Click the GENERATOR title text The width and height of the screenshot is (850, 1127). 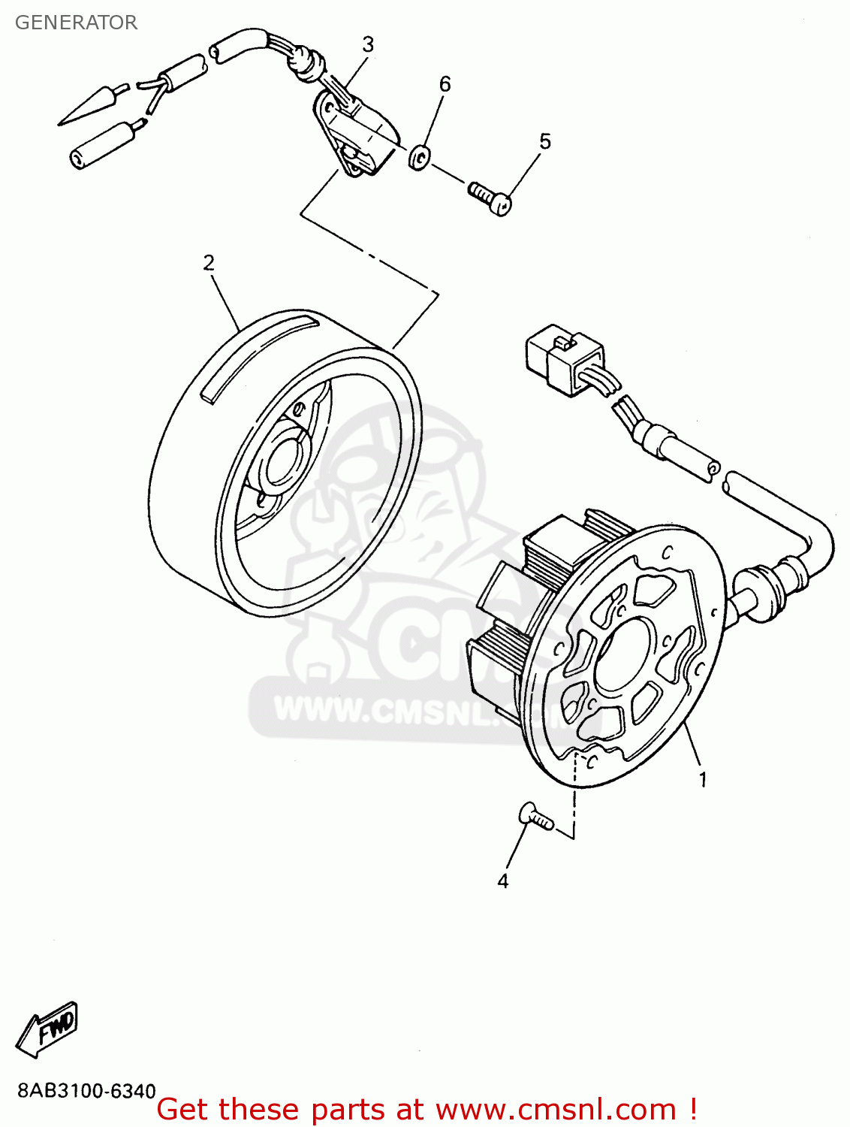pyautogui.click(x=76, y=23)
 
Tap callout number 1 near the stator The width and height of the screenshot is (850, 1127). pyautogui.click(x=703, y=780)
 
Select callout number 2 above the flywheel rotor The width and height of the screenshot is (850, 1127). pyautogui.click(x=209, y=262)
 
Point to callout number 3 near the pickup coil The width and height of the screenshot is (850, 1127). pyautogui.click(x=368, y=44)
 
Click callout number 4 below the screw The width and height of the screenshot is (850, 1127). pyautogui.click(x=503, y=881)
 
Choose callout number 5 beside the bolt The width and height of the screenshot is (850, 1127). pyautogui.click(x=545, y=140)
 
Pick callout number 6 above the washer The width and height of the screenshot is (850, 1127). pyautogui.click(x=445, y=83)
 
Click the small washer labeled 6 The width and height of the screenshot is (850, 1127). pyautogui.click(x=419, y=158)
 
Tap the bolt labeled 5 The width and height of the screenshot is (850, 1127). pyautogui.click(x=491, y=197)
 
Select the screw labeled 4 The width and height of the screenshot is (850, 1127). pyautogui.click(x=535, y=816)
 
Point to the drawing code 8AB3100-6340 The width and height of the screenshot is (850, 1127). pyautogui.click(x=86, y=1091)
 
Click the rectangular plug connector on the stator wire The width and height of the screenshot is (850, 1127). pyautogui.click(x=563, y=359)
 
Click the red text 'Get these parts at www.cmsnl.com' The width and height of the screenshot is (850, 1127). pyautogui.click(x=427, y=1109)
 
